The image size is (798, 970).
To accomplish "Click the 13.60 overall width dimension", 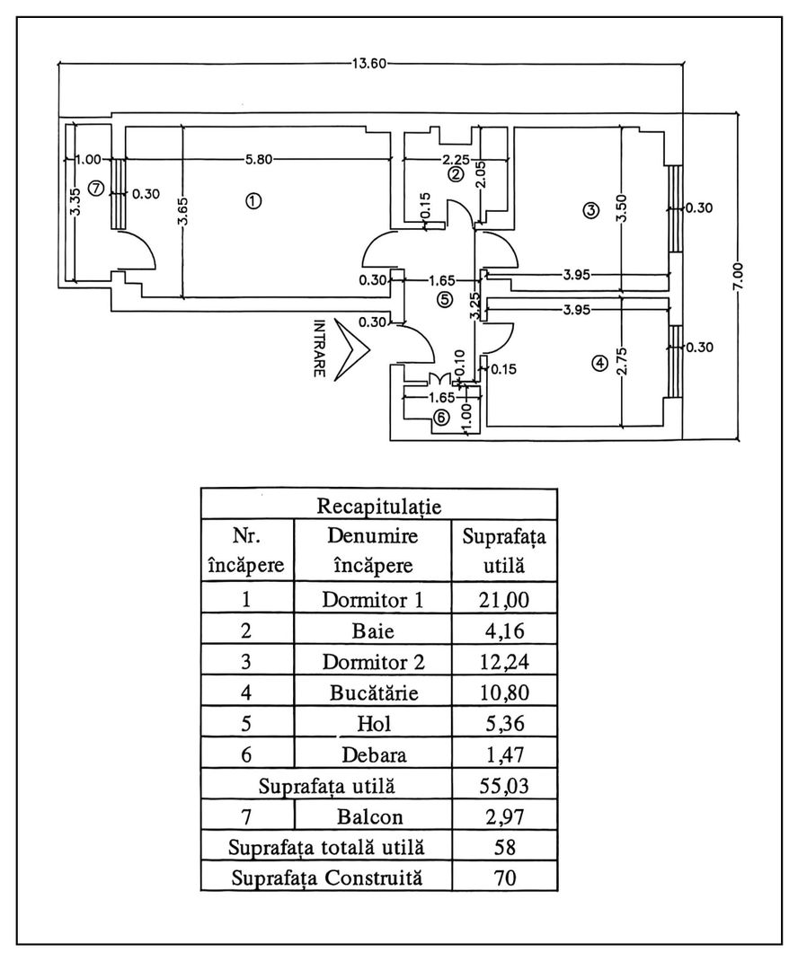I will point(369,63).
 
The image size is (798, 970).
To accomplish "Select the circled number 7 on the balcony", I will point(97,187).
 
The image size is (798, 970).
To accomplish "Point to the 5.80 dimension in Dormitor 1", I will point(258,161).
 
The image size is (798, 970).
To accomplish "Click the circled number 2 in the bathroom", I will point(456,174).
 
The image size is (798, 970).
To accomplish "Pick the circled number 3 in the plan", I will point(590,211).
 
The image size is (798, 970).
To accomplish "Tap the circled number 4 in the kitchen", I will point(599,364).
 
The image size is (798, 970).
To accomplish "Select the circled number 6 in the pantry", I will point(440,417).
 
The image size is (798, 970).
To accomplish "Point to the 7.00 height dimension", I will point(738,275).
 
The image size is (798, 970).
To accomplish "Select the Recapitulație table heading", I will point(378,506).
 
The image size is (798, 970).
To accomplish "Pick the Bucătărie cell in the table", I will point(373,693).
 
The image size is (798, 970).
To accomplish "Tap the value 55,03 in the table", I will point(504,788).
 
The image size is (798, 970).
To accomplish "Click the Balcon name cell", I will point(373,817).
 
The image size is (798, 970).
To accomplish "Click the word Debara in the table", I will point(373,754).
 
